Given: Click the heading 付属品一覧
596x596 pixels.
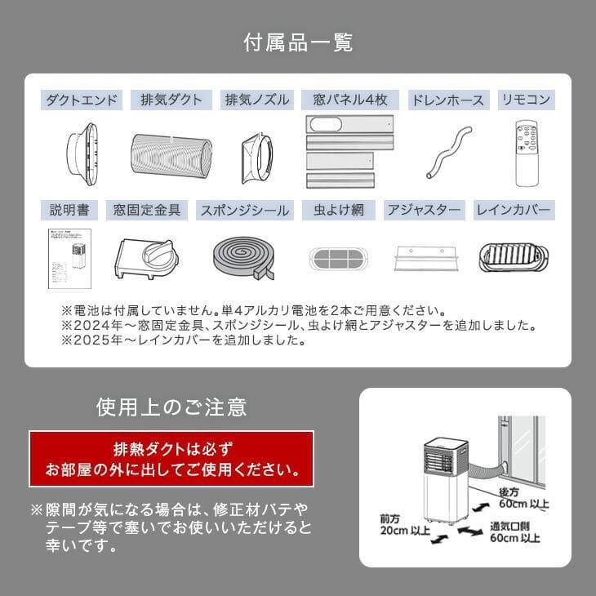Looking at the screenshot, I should tap(297, 42).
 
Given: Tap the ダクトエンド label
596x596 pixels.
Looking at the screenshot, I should tap(82, 100).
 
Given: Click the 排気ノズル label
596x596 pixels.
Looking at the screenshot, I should tap(257, 100).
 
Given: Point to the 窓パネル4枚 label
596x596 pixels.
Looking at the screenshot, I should tap(350, 100).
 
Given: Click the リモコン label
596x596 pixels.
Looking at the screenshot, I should tap(526, 100).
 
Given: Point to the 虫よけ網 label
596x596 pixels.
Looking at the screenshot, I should tap(338, 211).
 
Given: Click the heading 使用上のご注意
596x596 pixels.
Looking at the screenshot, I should tap(171, 406).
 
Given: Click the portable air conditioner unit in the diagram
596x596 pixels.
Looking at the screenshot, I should tap(444, 482).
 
